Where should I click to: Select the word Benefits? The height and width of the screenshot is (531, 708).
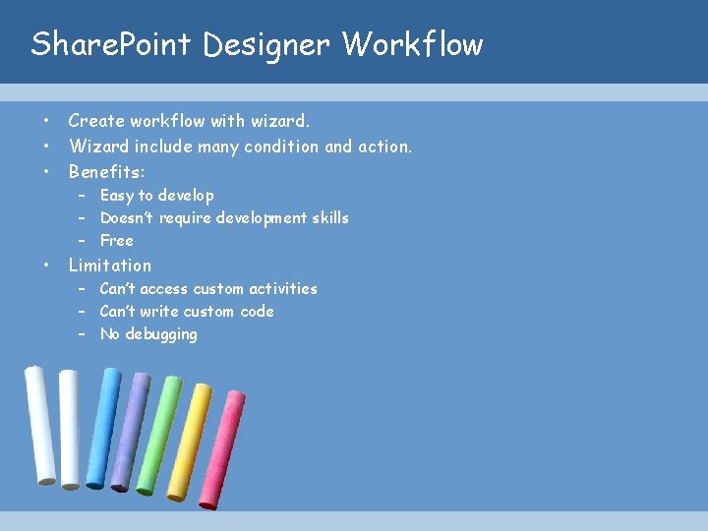(107, 172)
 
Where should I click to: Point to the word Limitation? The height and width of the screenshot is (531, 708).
(110, 265)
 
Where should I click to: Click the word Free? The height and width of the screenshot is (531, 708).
(116, 241)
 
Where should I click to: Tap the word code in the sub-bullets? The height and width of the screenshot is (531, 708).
(258, 312)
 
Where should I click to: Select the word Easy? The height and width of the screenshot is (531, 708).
(117, 196)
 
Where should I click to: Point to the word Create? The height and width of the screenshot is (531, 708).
(96, 121)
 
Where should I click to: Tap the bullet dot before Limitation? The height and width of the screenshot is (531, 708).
(46, 265)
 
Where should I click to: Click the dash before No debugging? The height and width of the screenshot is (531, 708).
(85, 334)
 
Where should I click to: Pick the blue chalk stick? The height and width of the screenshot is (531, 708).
(104, 429)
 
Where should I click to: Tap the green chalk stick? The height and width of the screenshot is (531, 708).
(158, 436)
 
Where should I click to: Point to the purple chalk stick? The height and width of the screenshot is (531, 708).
(130, 431)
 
